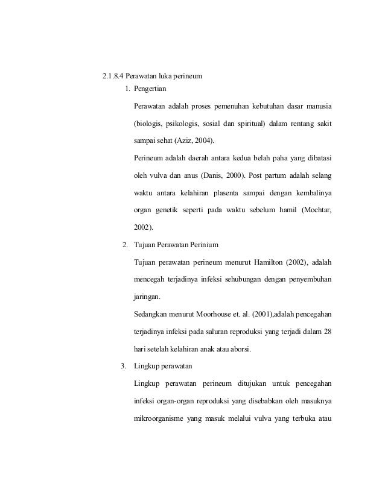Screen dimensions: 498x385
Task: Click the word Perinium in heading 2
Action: coord(202,245)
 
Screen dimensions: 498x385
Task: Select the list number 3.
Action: coord(123,365)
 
